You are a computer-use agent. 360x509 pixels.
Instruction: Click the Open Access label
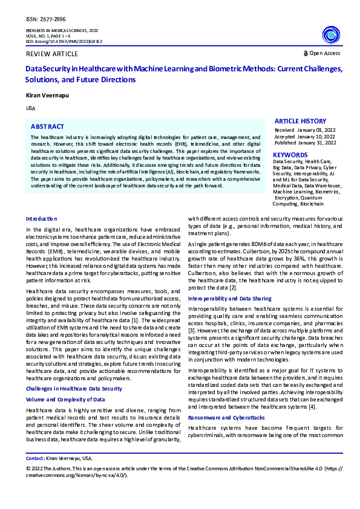[325, 53]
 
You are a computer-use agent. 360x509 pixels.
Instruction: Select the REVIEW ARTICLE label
[48, 54]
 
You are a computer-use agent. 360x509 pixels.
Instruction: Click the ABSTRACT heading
[47, 127]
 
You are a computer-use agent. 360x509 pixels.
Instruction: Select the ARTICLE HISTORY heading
[300, 122]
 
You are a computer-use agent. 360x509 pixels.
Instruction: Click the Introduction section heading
[42, 218]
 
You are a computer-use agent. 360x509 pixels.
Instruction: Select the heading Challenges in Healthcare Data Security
[74, 371]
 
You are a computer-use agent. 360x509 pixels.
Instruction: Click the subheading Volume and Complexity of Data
[65, 383]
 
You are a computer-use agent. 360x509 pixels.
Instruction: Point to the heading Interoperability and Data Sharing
[230, 299]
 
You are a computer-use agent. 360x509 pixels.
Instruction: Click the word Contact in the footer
[34, 459]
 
